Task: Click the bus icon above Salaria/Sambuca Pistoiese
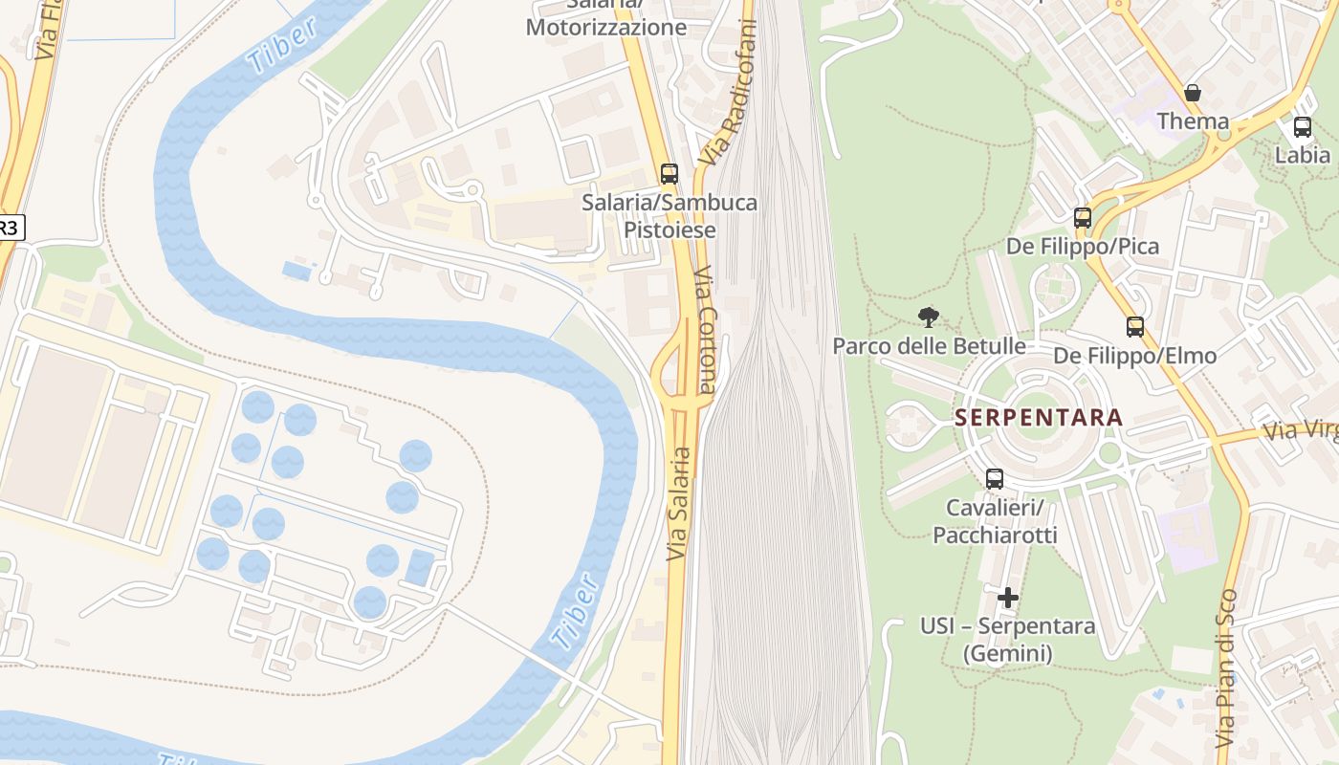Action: pyautogui.click(x=669, y=174)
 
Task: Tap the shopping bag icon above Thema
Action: pyautogui.click(x=1193, y=93)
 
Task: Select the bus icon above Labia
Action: pyautogui.click(x=1303, y=126)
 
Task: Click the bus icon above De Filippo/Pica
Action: pyautogui.click(x=1083, y=218)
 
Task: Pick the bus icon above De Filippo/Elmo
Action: pyautogui.click(x=1135, y=327)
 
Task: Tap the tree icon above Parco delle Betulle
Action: pyautogui.click(x=928, y=317)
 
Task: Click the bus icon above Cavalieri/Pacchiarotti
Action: pyautogui.click(x=995, y=479)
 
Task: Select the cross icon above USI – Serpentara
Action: pyautogui.click(x=1007, y=599)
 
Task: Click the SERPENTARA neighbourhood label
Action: pyautogui.click(x=1039, y=418)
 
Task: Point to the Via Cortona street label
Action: pyautogui.click(x=707, y=330)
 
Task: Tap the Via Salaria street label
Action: pyautogui.click(x=678, y=504)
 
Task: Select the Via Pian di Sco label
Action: pyautogui.click(x=1226, y=668)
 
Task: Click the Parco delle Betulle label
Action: pyautogui.click(x=929, y=346)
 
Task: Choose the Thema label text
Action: pyautogui.click(x=1193, y=121)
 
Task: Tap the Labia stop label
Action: pyautogui.click(x=1303, y=155)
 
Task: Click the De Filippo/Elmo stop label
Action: pyautogui.click(x=1135, y=357)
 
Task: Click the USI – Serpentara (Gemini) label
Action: pyautogui.click(x=1007, y=640)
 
